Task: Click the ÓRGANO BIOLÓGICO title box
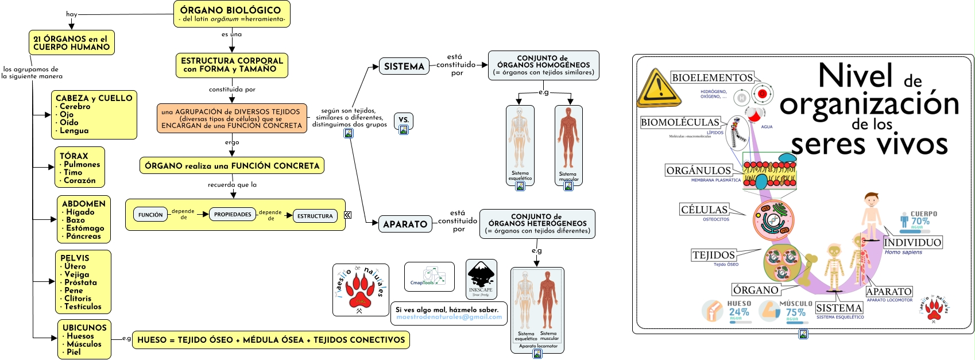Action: pos(231,14)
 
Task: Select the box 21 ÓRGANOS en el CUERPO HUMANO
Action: pos(71,43)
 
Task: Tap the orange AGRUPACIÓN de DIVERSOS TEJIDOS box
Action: pos(231,118)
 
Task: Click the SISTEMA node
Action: pos(404,67)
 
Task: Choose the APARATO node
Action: pos(405,224)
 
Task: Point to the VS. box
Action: pos(404,120)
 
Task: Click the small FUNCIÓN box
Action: pos(150,215)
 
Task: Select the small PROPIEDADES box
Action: pos(233,215)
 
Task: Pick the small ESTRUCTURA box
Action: pos(315,216)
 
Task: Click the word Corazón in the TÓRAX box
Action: pos(80,180)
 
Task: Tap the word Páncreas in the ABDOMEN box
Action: pos(83,236)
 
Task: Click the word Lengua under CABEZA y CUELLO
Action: pos(74,130)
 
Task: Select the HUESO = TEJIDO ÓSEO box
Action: pos(270,340)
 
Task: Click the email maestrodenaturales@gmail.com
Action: pos(448,317)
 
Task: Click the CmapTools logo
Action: pos(430,276)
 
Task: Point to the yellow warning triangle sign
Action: pos(659,88)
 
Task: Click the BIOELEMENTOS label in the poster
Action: pos(712,78)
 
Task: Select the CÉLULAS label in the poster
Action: pos(704,210)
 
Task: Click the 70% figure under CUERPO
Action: pos(920,221)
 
